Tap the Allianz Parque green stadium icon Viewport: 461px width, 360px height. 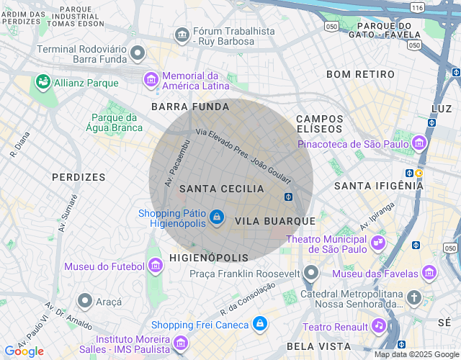[x=43, y=82]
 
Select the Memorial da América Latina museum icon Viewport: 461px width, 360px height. [x=151, y=78]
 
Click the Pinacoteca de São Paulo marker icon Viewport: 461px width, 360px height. [x=420, y=143]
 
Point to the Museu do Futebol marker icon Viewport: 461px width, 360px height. [x=155, y=266]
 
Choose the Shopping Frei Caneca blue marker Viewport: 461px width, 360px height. [x=260, y=325]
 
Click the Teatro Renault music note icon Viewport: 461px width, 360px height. [x=379, y=326]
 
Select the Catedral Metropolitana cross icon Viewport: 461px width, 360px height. [x=414, y=297]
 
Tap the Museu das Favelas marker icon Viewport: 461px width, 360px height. [x=429, y=273]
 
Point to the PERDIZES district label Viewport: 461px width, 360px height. [x=79, y=176]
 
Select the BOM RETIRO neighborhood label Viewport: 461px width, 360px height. [x=360, y=74]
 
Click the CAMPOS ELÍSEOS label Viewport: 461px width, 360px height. [x=319, y=123]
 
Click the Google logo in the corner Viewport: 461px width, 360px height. [x=23, y=351]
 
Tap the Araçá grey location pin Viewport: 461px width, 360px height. [x=85, y=300]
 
